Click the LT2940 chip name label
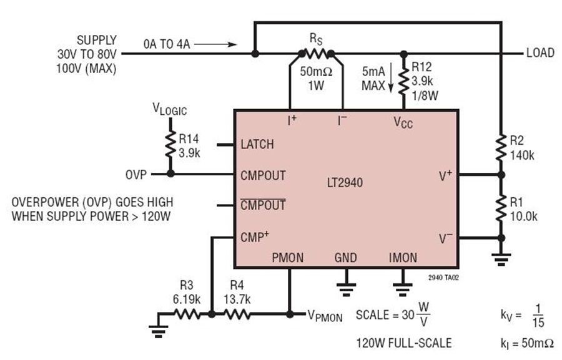coord(345,183)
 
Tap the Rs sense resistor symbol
coord(316,54)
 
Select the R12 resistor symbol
coord(404,82)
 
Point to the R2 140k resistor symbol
coord(501,148)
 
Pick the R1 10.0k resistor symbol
coord(501,210)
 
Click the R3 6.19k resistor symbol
coord(187,314)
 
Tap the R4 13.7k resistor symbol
coord(237,314)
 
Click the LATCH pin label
coord(257,144)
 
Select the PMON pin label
coord(287,258)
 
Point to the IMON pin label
coord(403,258)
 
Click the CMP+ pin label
coord(255,236)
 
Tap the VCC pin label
coord(403,122)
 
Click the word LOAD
coord(540,53)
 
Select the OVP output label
coord(136,175)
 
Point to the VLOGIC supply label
coord(169,109)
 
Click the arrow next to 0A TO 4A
coord(215,44)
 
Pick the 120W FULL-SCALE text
coord(403,343)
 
